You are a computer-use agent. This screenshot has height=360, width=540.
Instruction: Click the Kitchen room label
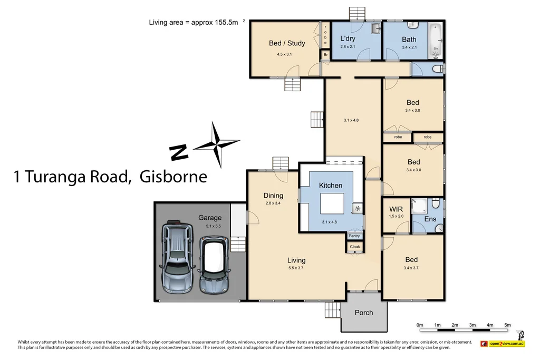pos(330,186)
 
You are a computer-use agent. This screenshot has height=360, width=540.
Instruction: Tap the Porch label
pos(363,313)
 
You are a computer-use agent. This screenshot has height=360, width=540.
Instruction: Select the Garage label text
pos(209,218)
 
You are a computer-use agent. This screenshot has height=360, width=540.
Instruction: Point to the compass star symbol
pos(217,143)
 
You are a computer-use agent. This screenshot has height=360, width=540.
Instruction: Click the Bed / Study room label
pos(287,43)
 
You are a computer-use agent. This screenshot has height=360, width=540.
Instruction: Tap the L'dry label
pos(347,39)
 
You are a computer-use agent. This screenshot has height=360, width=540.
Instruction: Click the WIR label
pos(396,209)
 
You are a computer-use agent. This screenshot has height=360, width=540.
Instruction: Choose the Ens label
pos(431,219)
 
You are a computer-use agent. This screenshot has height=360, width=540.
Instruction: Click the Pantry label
pos(354,236)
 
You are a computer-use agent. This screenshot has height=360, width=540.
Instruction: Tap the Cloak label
pos(354,247)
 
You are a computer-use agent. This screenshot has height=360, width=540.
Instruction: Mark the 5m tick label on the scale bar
pos(507,325)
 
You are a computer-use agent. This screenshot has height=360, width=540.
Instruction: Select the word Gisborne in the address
pos(173,177)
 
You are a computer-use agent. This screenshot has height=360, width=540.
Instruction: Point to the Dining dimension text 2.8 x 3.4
pos(273,203)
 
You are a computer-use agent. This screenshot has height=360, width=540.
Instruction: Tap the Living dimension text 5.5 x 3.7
pos(296,268)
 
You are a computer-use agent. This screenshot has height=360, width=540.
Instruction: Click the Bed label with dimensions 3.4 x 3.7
pos(411,259)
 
